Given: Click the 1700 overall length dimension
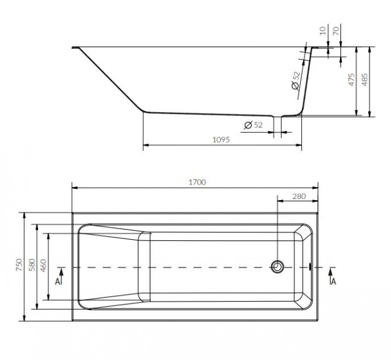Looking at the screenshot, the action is [x=197, y=182].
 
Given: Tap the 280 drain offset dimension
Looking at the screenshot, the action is [x=299, y=197].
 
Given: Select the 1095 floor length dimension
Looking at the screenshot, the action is [x=221, y=139].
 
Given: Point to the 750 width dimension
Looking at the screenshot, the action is [x=19, y=265].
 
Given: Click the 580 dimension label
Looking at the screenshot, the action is [x=32, y=265].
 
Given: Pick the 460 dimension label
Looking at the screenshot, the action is [x=43, y=266].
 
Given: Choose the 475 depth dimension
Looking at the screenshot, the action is [x=352, y=80].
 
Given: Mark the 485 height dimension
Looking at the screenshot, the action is [x=365, y=80].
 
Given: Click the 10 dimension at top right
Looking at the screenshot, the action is [x=323, y=31].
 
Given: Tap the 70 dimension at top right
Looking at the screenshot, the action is [x=336, y=31].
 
